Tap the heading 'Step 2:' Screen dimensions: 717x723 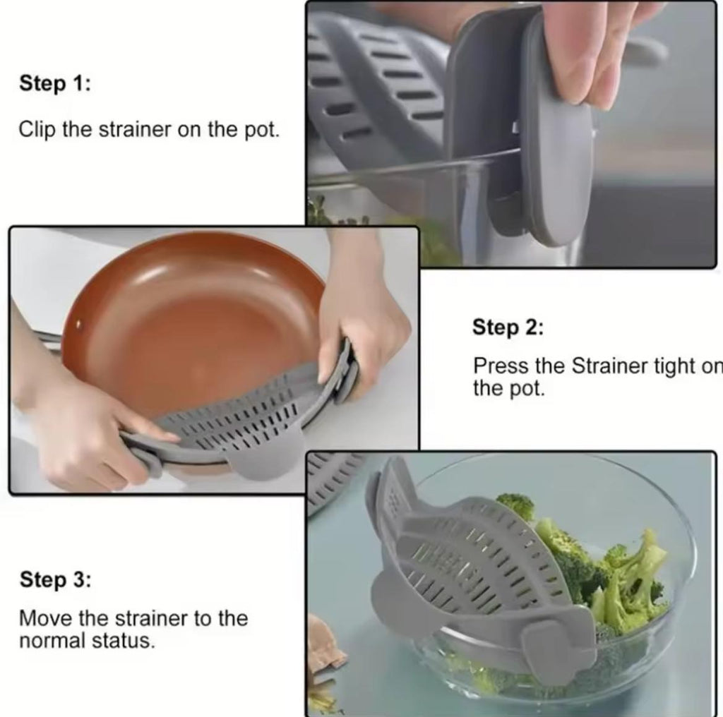point(508,327)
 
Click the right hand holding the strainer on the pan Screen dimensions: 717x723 point(360,318)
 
